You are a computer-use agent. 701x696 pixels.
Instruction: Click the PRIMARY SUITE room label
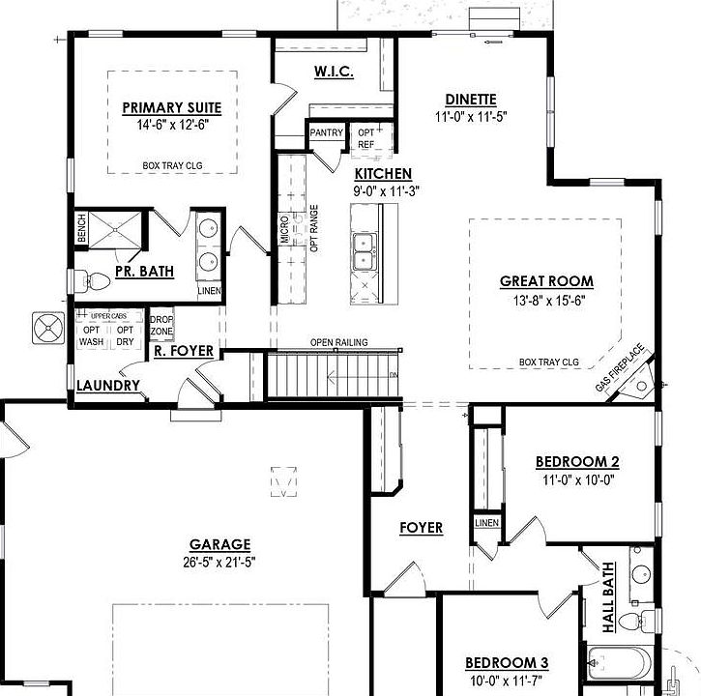pyautogui.click(x=172, y=107)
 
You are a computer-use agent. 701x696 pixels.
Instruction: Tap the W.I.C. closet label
pyautogui.click(x=333, y=72)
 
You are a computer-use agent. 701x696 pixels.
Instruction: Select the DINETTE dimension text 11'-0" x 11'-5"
pyautogui.click(x=471, y=116)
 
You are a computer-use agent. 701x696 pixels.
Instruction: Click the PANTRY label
pyautogui.click(x=326, y=133)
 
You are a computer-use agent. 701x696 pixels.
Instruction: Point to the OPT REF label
pyautogui.click(x=366, y=138)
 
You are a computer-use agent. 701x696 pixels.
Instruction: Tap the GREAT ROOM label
pyautogui.click(x=546, y=281)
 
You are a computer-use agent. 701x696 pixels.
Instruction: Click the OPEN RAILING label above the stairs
pyautogui.click(x=337, y=343)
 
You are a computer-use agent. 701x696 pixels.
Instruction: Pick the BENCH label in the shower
pyautogui.click(x=81, y=229)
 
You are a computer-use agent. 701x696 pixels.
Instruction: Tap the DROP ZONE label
pyautogui.click(x=161, y=325)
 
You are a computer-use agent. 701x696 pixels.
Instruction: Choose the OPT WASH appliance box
pyautogui.click(x=92, y=335)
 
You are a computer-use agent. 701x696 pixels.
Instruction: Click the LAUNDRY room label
pyautogui.click(x=108, y=386)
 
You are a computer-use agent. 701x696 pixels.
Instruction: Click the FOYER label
pyautogui.click(x=422, y=528)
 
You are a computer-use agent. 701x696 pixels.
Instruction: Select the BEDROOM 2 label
pyautogui.click(x=577, y=461)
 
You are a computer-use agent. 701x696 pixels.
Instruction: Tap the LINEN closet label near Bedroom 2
pyautogui.click(x=485, y=523)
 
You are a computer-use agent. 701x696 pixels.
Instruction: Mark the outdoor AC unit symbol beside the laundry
pyautogui.click(x=47, y=328)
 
